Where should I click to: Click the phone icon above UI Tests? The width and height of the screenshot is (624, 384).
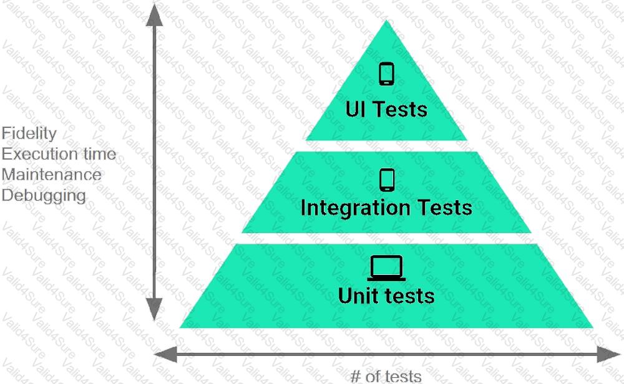click(386, 74)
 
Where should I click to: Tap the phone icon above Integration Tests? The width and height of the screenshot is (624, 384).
click(387, 180)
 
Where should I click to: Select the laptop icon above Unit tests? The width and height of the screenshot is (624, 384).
click(386, 269)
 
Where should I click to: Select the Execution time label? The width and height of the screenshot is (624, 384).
click(59, 154)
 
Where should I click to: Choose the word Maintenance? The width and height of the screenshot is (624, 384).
click(51, 175)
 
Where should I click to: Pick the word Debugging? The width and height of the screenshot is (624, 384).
click(44, 196)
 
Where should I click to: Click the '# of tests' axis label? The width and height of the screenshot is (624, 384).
click(386, 376)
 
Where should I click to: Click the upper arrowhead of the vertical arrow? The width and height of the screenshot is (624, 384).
click(154, 15)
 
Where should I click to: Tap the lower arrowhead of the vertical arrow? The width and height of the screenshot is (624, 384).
click(154, 309)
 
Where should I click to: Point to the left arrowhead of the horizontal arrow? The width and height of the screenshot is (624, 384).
click(165, 354)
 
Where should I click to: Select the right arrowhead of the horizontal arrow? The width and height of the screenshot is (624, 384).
click(608, 354)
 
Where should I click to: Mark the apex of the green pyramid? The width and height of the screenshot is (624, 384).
click(386, 21)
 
